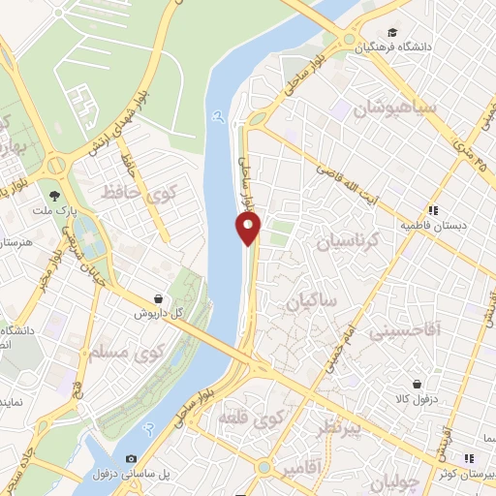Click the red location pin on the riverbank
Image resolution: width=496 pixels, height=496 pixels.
click(x=249, y=229)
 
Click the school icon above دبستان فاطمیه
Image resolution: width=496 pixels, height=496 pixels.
click(x=433, y=209)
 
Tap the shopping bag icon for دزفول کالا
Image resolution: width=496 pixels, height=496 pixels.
click(x=417, y=384)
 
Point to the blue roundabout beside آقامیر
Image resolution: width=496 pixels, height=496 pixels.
click(x=263, y=467)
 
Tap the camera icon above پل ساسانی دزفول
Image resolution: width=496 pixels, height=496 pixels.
click(x=132, y=458)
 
